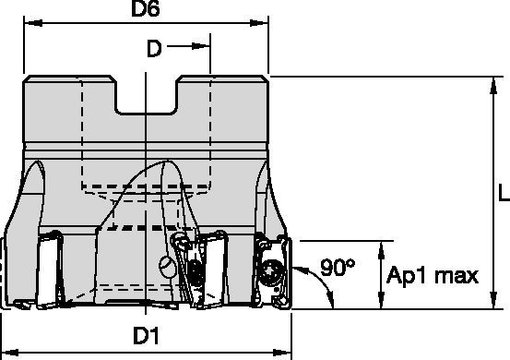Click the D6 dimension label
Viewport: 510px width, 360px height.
[146, 8]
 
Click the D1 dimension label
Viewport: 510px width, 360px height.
[147, 336]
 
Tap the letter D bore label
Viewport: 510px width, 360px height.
[154, 49]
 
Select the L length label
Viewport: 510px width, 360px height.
[504, 192]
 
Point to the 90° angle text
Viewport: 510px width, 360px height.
[338, 268]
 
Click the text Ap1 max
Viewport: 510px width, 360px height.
[433, 276]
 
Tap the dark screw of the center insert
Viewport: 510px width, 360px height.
[196, 271]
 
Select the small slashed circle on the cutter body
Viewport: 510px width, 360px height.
[167, 267]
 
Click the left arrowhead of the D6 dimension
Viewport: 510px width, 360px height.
[33, 23]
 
